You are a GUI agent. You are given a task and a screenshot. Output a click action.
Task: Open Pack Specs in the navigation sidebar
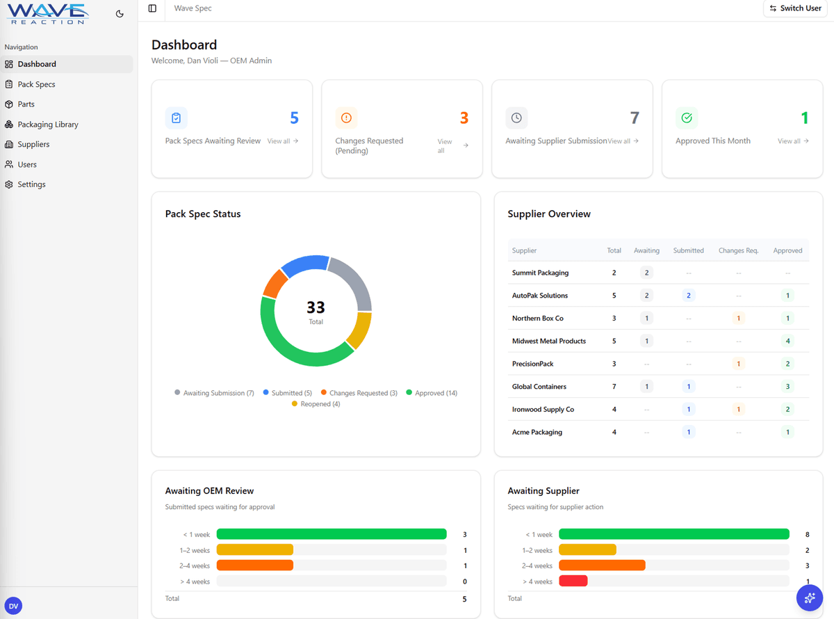(x=36, y=84)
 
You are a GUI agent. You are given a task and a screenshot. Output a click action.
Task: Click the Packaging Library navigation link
(x=47, y=124)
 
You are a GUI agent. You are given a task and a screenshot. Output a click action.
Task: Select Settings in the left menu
(x=31, y=184)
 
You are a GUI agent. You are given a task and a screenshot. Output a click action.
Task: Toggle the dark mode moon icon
(x=120, y=13)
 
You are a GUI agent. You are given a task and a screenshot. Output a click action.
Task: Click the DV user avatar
(x=13, y=606)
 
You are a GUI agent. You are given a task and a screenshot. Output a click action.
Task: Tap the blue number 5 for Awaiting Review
(x=294, y=118)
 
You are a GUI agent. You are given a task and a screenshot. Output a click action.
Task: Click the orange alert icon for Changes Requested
(x=346, y=118)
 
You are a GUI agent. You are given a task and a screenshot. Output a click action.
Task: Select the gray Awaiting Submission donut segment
(x=353, y=279)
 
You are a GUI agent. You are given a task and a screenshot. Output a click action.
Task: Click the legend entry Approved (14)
(x=432, y=393)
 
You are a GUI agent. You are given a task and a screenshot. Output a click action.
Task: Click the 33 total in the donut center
(x=316, y=307)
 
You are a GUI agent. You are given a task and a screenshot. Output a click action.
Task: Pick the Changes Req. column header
(x=738, y=250)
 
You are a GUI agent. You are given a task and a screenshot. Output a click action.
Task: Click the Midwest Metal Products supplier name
(x=548, y=341)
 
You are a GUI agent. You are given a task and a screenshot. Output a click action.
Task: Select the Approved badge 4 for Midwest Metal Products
(x=787, y=341)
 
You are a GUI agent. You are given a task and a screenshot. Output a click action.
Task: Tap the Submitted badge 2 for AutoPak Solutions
(x=688, y=296)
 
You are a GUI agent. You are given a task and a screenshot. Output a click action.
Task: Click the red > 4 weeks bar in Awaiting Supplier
(x=573, y=581)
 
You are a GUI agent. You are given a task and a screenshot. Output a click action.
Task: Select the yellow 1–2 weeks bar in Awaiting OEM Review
(x=255, y=549)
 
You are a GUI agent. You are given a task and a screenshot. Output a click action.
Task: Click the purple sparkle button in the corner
(x=809, y=597)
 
